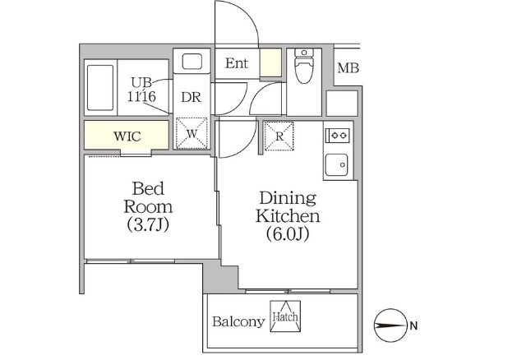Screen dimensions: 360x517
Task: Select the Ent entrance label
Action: point(237,63)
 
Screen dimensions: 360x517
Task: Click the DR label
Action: point(192,96)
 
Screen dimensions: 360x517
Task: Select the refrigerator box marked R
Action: point(279,137)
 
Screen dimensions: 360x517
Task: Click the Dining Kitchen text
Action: point(288,207)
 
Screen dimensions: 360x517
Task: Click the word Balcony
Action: point(238,321)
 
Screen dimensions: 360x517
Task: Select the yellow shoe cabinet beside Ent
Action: point(270,63)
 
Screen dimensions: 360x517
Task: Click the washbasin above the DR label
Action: point(192,62)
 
